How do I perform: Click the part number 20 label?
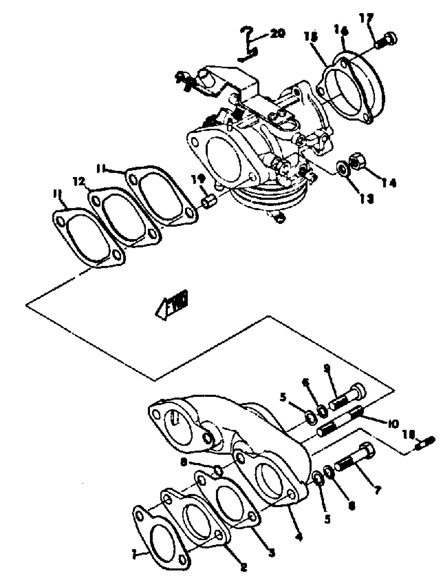tap(277, 33)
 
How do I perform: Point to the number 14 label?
tap(389, 183)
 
